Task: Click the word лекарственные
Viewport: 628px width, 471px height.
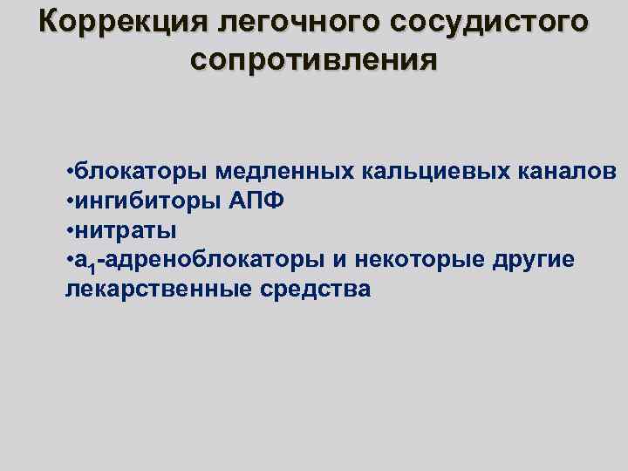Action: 155,290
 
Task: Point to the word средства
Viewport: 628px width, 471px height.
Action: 316,290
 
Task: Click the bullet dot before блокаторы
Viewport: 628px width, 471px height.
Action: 68,169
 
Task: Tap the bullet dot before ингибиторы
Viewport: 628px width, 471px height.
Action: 68,200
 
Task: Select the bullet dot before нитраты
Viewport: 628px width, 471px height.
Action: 68,230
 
